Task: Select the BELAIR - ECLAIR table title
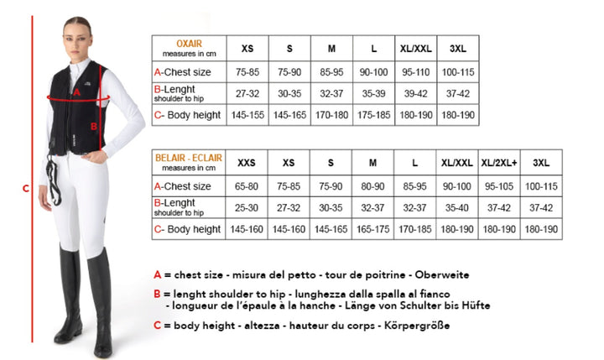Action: click(x=188, y=158)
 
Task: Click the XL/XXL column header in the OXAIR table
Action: click(x=416, y=48)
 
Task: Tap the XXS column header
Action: click(x=247, y=162)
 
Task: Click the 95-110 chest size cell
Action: click(x=416, y=72)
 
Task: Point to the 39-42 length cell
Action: click(x=416, y=94)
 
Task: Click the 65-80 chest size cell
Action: click(x=247, y=186)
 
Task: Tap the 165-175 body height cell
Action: click(x=373, y=228)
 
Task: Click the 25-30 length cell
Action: click(x=247, y=206)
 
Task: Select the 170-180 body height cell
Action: click(x=331, y=115)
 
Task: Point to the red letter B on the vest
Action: click(x=94, y=127)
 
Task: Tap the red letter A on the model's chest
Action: click(x=76, y=91)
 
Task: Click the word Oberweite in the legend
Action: click(x=443, y=274)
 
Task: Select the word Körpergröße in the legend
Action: click(x=417, y=325)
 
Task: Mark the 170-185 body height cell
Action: click(x=415, y=228)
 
